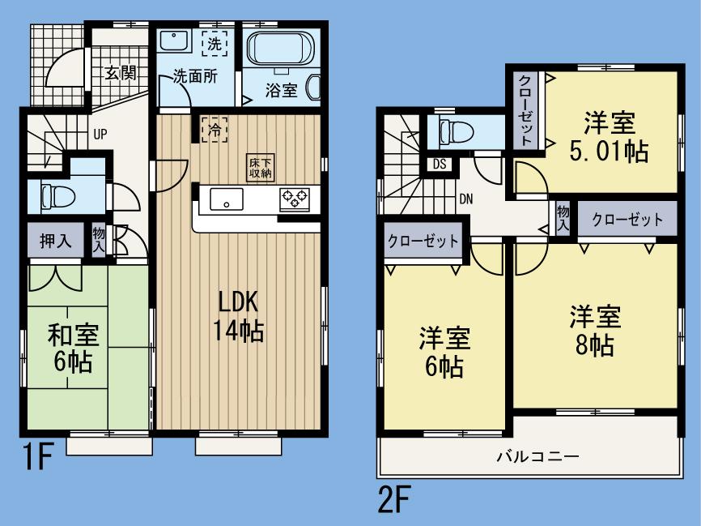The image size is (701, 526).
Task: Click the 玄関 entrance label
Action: (119, 72)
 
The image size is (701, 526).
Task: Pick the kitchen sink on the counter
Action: (226, 198)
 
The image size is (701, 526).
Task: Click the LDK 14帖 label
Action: (238, 315)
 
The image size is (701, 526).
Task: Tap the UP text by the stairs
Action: (100, 134)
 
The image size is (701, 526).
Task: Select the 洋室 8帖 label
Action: (594, 331)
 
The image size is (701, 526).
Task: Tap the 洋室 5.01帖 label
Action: (610, 138)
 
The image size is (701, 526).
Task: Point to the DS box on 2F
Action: (440, 164)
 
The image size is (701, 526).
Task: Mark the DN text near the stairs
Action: (467, 198)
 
